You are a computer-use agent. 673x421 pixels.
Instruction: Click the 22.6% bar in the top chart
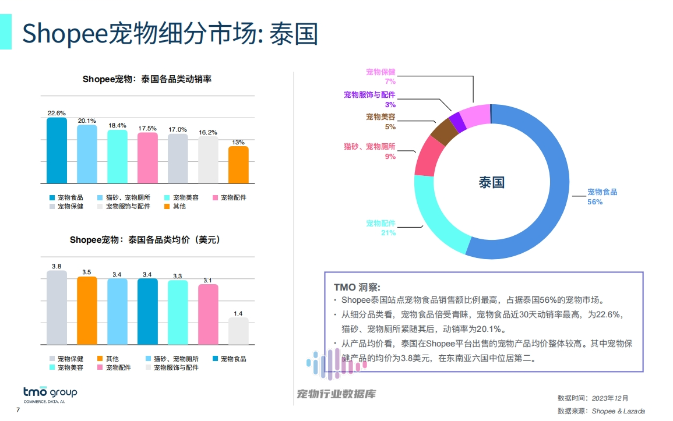pos(57,151)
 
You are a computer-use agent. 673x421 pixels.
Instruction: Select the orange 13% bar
pos(238,165)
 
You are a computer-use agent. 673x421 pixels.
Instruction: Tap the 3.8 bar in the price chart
pos(57,307)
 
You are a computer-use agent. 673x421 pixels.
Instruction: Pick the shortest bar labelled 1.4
pos(238,331)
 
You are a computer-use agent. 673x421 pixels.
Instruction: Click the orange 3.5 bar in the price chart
pos(87,310)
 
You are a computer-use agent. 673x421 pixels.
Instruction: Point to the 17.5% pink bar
pos(147,158)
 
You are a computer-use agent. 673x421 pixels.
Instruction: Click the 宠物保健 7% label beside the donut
pos(381,76)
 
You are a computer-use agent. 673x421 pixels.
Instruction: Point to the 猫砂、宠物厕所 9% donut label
pos(370,151)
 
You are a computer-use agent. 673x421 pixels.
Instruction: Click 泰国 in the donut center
pos(491,182)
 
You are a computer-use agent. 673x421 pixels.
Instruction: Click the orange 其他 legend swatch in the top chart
pos(167,206)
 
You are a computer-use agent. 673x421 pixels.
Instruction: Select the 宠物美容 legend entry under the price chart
pos(66,367)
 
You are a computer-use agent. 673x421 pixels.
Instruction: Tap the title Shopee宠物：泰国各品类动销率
pos(147,79)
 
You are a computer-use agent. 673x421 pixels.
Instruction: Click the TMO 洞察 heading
pos(357,287)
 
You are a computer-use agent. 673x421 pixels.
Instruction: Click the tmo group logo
pos(50,393)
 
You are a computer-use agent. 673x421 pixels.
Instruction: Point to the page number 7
pos(17,411)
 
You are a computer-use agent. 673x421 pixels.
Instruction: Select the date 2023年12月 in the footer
pos(610,398)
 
